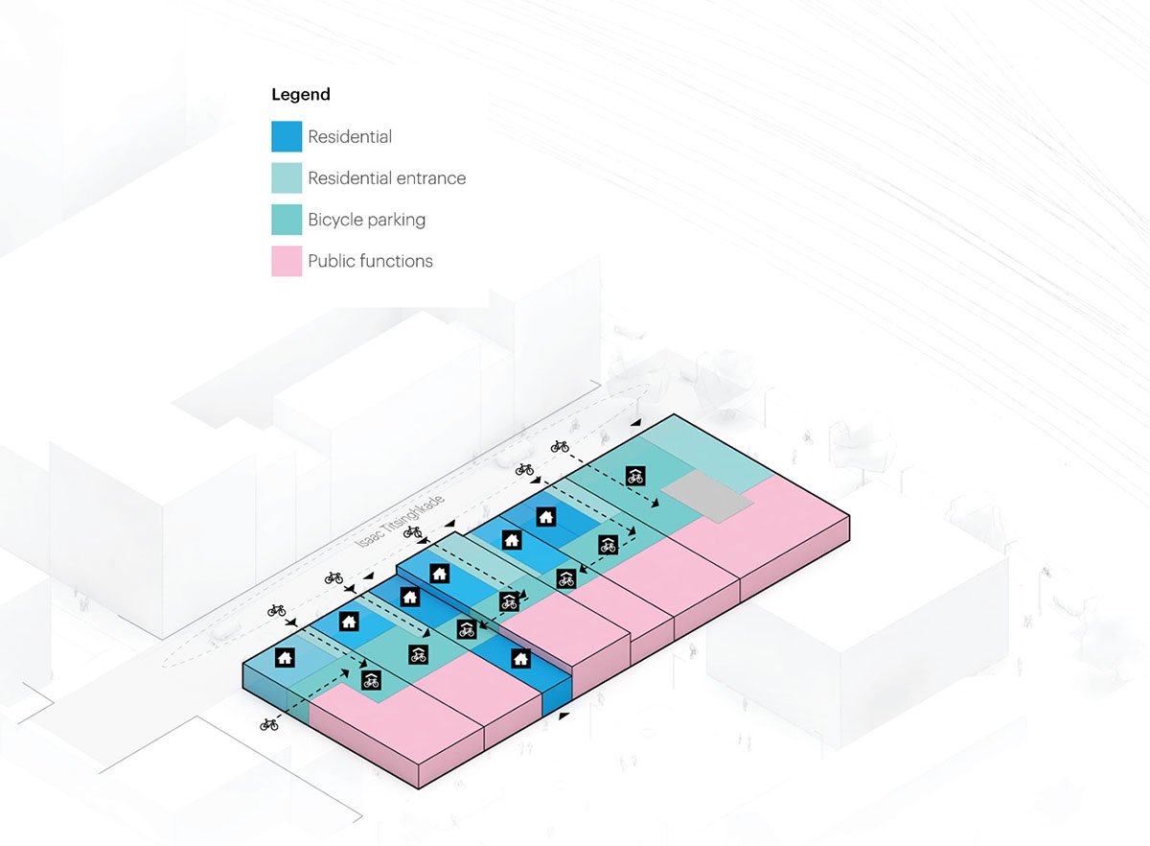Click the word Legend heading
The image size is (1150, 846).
click(300, 94)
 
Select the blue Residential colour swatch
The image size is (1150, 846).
click(287, 136)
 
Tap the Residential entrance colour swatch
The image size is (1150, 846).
click(287, 178)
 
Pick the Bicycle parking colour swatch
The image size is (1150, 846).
click(287, 220)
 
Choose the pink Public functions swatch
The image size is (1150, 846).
click(287, 261)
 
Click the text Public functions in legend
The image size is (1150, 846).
click(370, 261)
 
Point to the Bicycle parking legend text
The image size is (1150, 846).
click(366, 220)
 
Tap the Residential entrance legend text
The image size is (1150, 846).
click(386, 178)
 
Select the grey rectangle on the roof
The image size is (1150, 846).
click(710, 496)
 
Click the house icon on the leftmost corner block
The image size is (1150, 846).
click(285, 657)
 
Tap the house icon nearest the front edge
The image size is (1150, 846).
click(520, 658)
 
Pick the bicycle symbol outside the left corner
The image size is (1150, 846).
click(269, 724)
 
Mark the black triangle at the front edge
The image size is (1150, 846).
click(563, 716)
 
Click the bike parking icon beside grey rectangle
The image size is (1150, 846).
click(634, 475)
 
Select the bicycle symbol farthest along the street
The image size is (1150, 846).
click(561, 446)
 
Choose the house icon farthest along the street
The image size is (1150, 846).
click(545, 516)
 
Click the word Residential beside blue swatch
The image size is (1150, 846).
click(350, 136)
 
